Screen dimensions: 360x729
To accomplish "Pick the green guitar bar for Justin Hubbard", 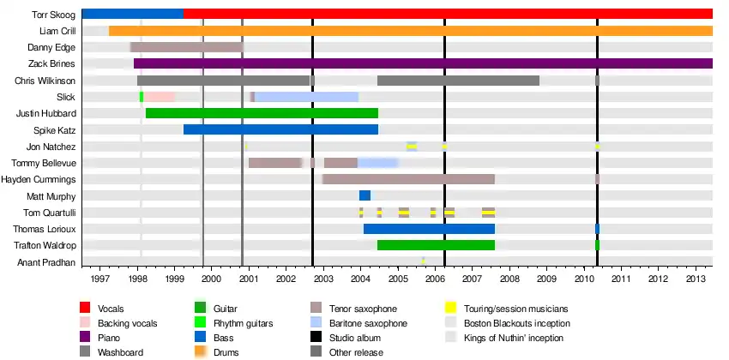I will tap(262, 113).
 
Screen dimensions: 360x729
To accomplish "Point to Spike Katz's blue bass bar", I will tap(280, 129).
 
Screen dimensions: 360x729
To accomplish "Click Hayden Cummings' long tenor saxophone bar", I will tap(408, 179).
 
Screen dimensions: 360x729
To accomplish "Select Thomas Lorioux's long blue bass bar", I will tap(429, 229).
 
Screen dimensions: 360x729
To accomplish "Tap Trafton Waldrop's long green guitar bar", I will tap(436, 245).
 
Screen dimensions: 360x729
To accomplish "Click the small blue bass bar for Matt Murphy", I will tap(364, 195).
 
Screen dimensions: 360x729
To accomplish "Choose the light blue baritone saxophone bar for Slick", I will tap(306, 97).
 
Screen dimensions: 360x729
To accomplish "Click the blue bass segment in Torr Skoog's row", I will tap(132, 14).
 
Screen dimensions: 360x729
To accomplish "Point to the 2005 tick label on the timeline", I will tap(398, 278).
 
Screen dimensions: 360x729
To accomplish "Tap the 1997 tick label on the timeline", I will tap(99, 278).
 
